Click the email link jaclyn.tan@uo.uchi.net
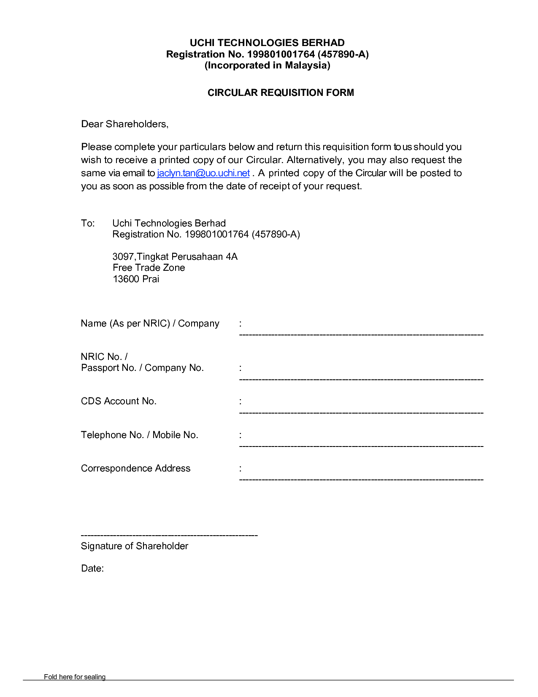pos(203,173)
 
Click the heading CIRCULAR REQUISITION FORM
pos(281,93)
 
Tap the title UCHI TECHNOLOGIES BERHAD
pos(267,43)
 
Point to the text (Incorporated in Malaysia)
pos(267,65)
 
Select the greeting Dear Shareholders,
pos(124,124)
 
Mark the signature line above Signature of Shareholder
pos(169,536)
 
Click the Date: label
pos(92,569)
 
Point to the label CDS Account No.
pos(119,401)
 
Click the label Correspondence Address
pos(135,468)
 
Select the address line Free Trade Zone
pos(149,268)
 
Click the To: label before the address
pos(88,223)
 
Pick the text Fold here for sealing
pos(75,677)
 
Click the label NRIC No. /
pos(104,357)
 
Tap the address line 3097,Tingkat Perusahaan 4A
pos(175,257)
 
